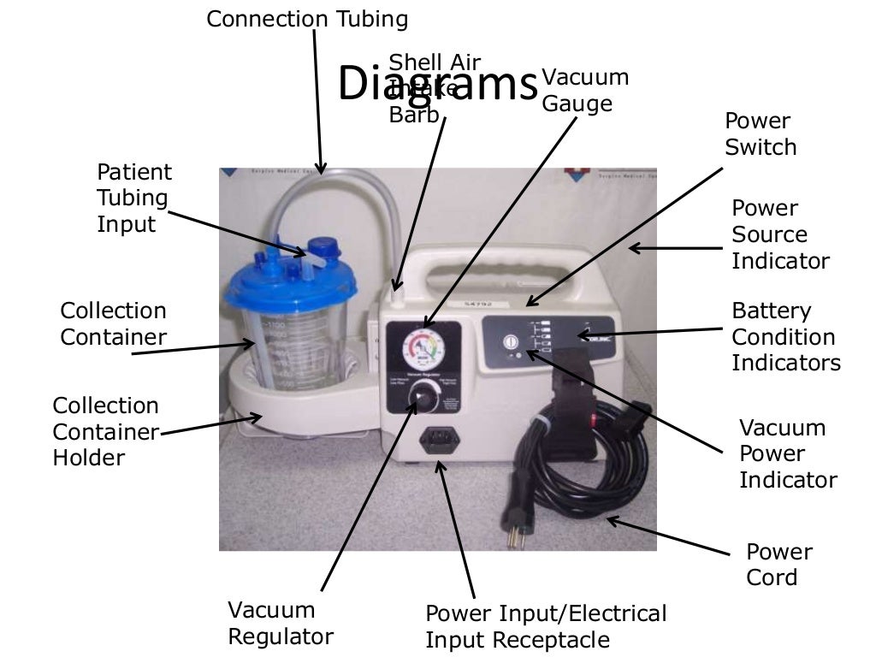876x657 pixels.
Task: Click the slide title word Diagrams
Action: click(437, 84)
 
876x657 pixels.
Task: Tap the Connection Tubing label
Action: click(307, 19)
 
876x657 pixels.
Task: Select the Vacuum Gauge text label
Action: click(585, 91)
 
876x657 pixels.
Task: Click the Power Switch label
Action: click(761, 134)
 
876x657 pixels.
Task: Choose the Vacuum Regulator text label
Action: click(280, 624)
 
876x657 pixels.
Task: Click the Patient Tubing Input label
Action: click(133, 198)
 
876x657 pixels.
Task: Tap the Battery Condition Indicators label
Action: click(785, 337)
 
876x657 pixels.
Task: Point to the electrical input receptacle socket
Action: click(439, 443)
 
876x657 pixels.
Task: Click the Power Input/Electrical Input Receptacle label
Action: click(545, 626)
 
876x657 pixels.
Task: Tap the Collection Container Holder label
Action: click(105, 431)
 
